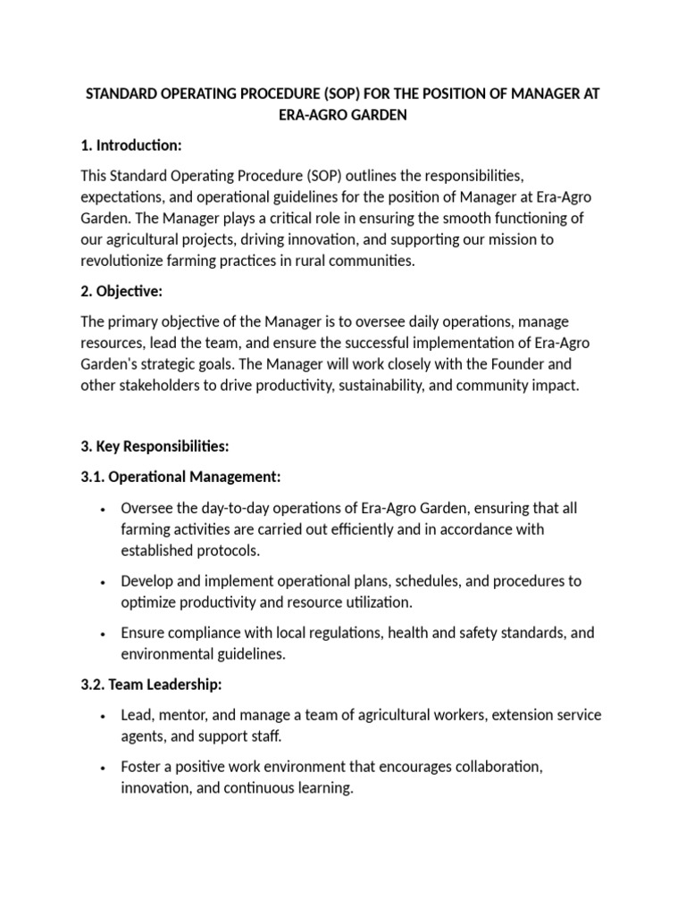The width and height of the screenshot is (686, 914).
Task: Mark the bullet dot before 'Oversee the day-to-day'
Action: point(105,509)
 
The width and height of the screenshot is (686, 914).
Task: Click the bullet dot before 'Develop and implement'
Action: point(105,582)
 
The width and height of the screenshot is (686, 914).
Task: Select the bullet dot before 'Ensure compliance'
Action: point(105,634)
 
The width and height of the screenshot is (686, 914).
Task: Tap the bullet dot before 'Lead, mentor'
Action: point(105,717)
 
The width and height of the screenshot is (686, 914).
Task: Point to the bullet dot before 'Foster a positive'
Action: point(105,769)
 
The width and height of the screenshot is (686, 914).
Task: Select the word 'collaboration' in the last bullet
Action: point(492,767)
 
